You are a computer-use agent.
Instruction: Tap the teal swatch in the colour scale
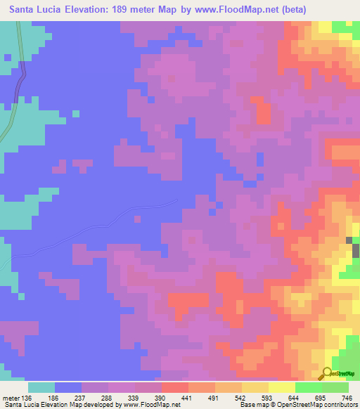click(41, 387)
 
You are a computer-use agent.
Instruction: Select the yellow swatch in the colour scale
click(281, 387)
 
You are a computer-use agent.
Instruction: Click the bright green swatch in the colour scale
click(308, 387)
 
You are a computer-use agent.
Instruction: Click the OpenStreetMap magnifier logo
click(327, 373)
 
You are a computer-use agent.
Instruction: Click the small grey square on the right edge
click(349, 241)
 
